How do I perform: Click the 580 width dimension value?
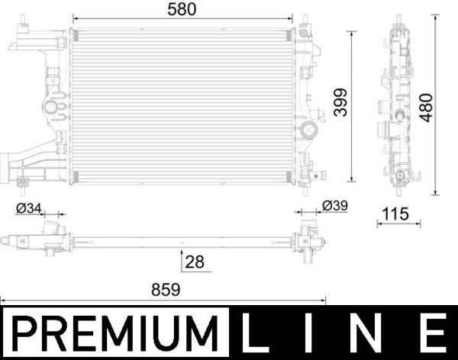[183, 9]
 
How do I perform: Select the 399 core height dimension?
[340, 105]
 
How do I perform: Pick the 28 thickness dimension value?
[195, 262]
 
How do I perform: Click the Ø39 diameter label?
[335, 206]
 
